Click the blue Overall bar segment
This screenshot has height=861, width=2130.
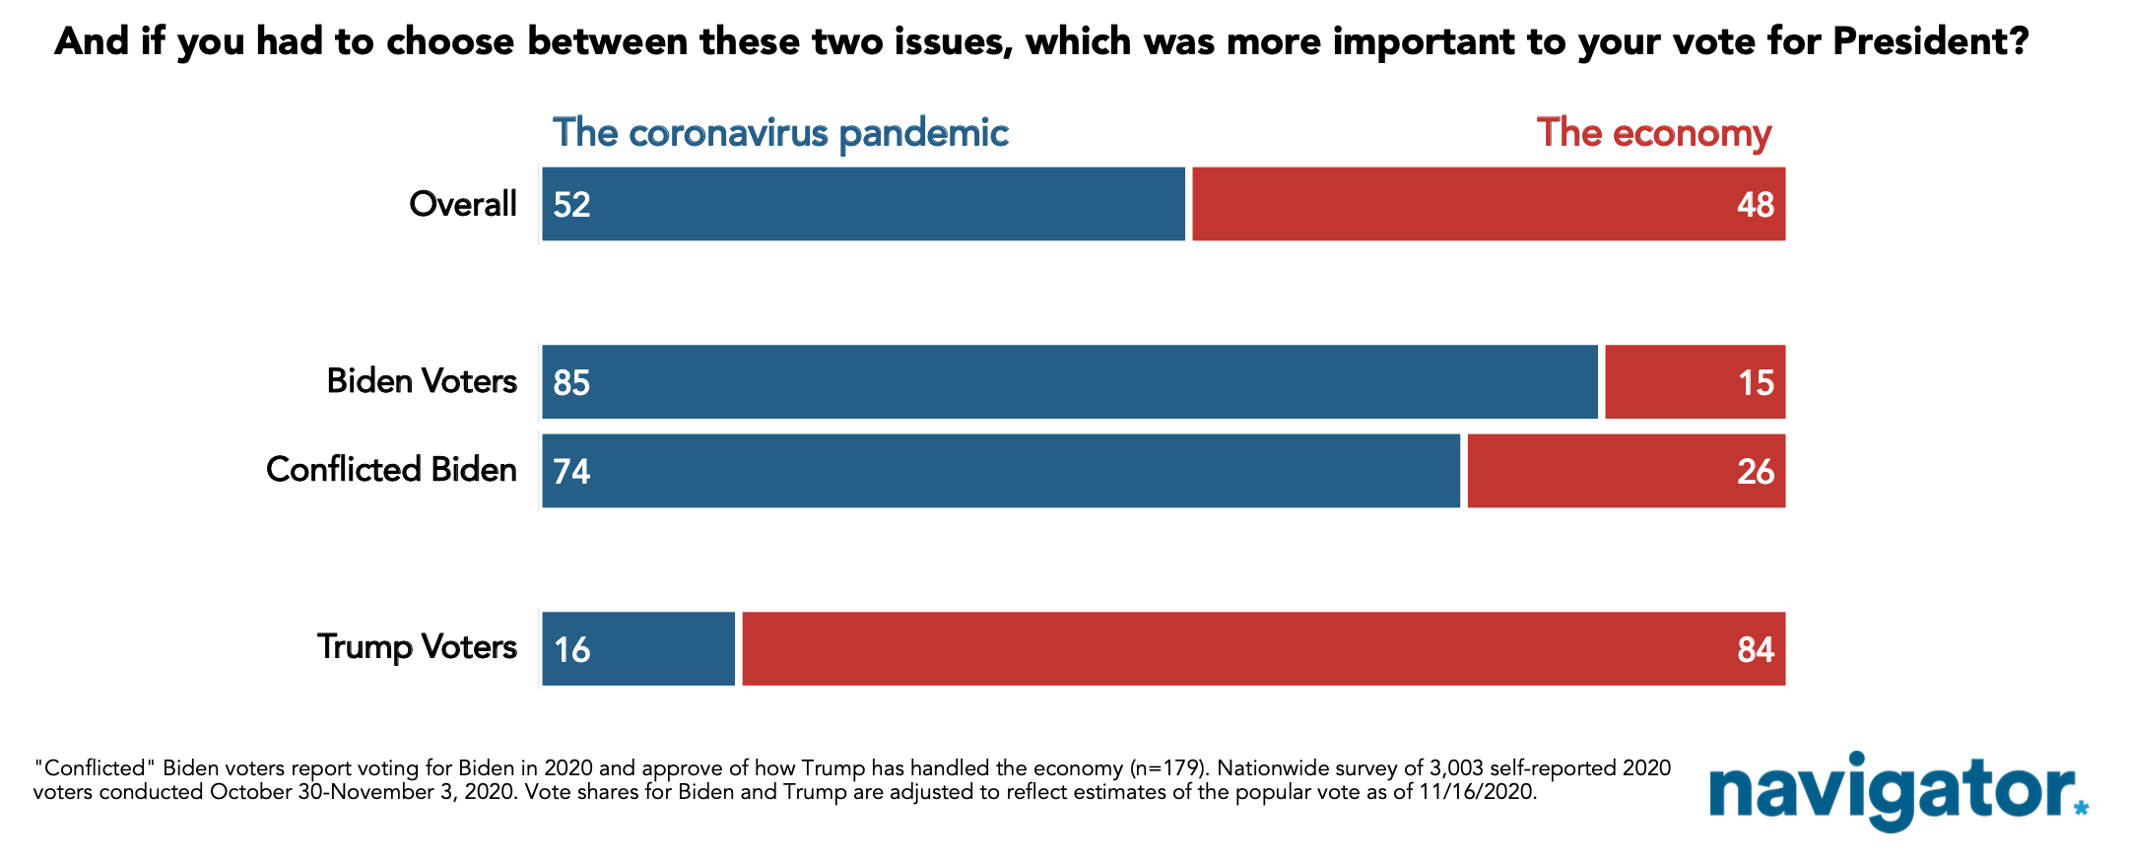[863, 204]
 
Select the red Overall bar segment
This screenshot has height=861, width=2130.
[1489, 204]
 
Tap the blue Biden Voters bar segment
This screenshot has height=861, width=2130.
[1070, 382]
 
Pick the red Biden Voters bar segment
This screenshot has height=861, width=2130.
[1696, 382]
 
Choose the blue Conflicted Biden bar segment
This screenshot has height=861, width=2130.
[1001, 471]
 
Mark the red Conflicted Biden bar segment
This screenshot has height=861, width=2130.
[1627, 471]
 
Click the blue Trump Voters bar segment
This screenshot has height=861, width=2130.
[638, 648]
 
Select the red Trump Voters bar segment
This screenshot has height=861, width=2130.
[1264, 648]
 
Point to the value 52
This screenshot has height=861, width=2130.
[571, 205]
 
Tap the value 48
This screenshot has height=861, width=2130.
[1756, 205]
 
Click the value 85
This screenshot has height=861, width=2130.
[571, 383]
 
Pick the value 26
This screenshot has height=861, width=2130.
[1756, 472]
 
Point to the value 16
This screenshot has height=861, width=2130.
[571, 650]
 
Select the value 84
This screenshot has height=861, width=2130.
[1756, 650]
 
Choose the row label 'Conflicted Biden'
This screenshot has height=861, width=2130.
[391, 469]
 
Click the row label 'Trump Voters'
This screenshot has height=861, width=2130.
[417, 647]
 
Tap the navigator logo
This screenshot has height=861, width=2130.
[1898, 791]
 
